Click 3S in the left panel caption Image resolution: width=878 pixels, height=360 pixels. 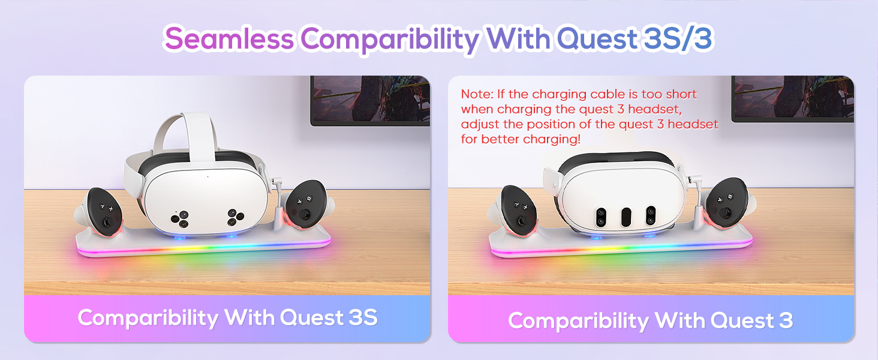coord(362,317)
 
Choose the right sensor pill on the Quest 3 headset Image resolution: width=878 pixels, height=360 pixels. coord(650,217)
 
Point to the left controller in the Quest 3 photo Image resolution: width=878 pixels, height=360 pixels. coord(520,210)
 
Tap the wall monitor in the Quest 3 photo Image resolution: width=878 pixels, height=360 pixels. coord(792,98)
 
